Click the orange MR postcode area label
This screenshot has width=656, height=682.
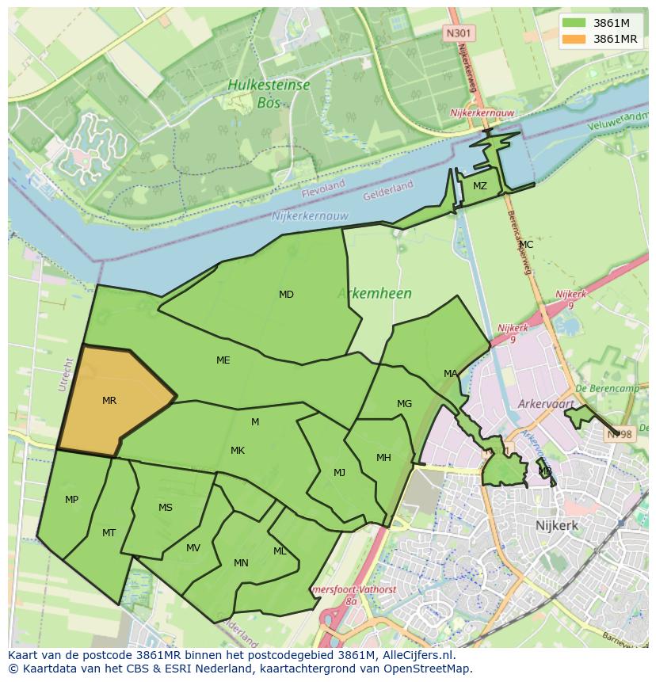tap(109, 401)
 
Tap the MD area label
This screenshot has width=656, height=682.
tap(286, 295)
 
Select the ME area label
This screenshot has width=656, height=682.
tap(223, 360)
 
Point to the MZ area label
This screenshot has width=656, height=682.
tap(480, 186)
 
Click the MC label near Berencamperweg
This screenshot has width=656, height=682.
tap(526, 245)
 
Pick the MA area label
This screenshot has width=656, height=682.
tap(451, 374)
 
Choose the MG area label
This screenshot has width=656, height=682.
tap(404, 404)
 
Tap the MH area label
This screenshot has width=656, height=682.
tap(383, 458)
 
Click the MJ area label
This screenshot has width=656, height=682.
tap(339, 473)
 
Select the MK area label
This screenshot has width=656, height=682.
tap(238, 451)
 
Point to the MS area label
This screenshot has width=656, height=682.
tap(166, 508)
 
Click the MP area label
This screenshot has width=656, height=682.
tap(72, 500)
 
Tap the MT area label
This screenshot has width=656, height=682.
tap(109, 533)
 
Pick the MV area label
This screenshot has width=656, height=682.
tap(193, 548)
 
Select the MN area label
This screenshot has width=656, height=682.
tap(242, 563)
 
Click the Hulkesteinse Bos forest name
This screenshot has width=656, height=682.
tap(269, 93)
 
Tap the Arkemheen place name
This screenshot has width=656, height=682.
tap(374, 294)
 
